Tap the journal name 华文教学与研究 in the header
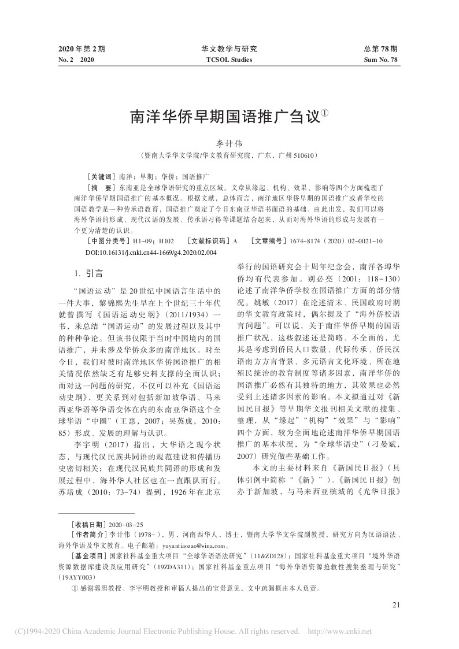point(229,49)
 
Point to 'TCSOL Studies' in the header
point(229,59)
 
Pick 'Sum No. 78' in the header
point(381,59)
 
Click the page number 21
point(395,605)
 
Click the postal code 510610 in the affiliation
point(306,156)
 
